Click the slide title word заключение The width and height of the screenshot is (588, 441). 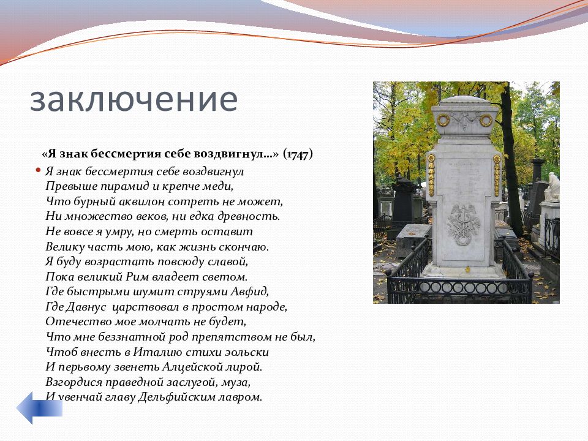(134, 100)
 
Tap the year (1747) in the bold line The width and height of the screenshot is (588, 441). (298, 154)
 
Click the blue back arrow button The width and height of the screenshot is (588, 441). (39, 408)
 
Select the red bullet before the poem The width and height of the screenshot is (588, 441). (38, 170)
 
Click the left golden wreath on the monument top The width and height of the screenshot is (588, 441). (443, 121)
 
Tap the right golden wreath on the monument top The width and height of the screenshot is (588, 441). (486, 121)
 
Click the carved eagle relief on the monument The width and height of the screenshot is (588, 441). (463, 224)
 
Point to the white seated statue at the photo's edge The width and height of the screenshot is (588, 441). (552, 187)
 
